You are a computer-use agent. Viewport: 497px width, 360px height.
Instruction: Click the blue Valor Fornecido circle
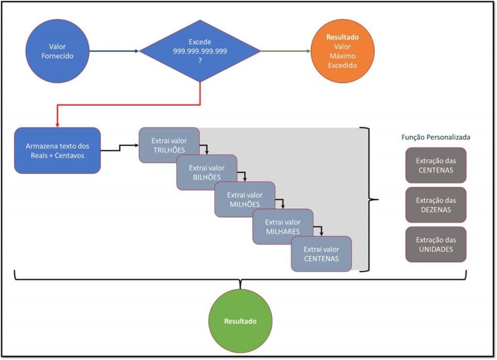pyautogui.click(x=57, y=51)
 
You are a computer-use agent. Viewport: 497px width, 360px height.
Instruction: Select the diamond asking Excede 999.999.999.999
pyautogui.click(x=200, y=51)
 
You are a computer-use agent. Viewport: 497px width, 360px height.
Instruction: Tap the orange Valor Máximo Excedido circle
pyautogui.click(x=342, y=51)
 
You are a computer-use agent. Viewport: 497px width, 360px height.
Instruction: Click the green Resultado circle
pyautogui.click(x=240, y=321)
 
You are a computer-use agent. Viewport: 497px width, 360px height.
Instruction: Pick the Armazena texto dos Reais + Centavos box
pyautogui.click(x=57, y=150)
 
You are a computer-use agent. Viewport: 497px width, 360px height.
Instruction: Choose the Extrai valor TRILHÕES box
pyautogui.click(x=169, y=145)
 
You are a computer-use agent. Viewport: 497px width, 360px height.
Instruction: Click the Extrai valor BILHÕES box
pyautogui.click(x=207, y=172)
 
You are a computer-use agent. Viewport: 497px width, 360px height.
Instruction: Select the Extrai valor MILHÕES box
pyautogui.click(x=245, y=199)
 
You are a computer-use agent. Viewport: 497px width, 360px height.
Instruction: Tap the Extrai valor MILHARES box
pyautogui.click(x=282, y=226)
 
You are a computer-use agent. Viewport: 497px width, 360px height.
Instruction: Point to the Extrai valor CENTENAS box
pyautogui.click(x=321, y=254)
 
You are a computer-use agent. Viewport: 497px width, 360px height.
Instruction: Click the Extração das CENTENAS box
pyautogui.click(x=435, y=165)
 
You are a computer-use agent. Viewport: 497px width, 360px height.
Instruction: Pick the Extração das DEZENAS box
pyautogui.click(x=435, y=205)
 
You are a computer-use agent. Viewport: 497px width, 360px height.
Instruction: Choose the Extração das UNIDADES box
pyautogui.click(x=435, y=244)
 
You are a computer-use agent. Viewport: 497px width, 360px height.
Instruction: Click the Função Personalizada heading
pyautogui.click(x=435, y=137)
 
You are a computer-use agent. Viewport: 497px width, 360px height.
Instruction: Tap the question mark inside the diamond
pyautogui.click(x=199, y=60)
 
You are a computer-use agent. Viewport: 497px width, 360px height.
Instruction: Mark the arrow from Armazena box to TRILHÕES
pyautogui.click(x=120, y=147)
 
